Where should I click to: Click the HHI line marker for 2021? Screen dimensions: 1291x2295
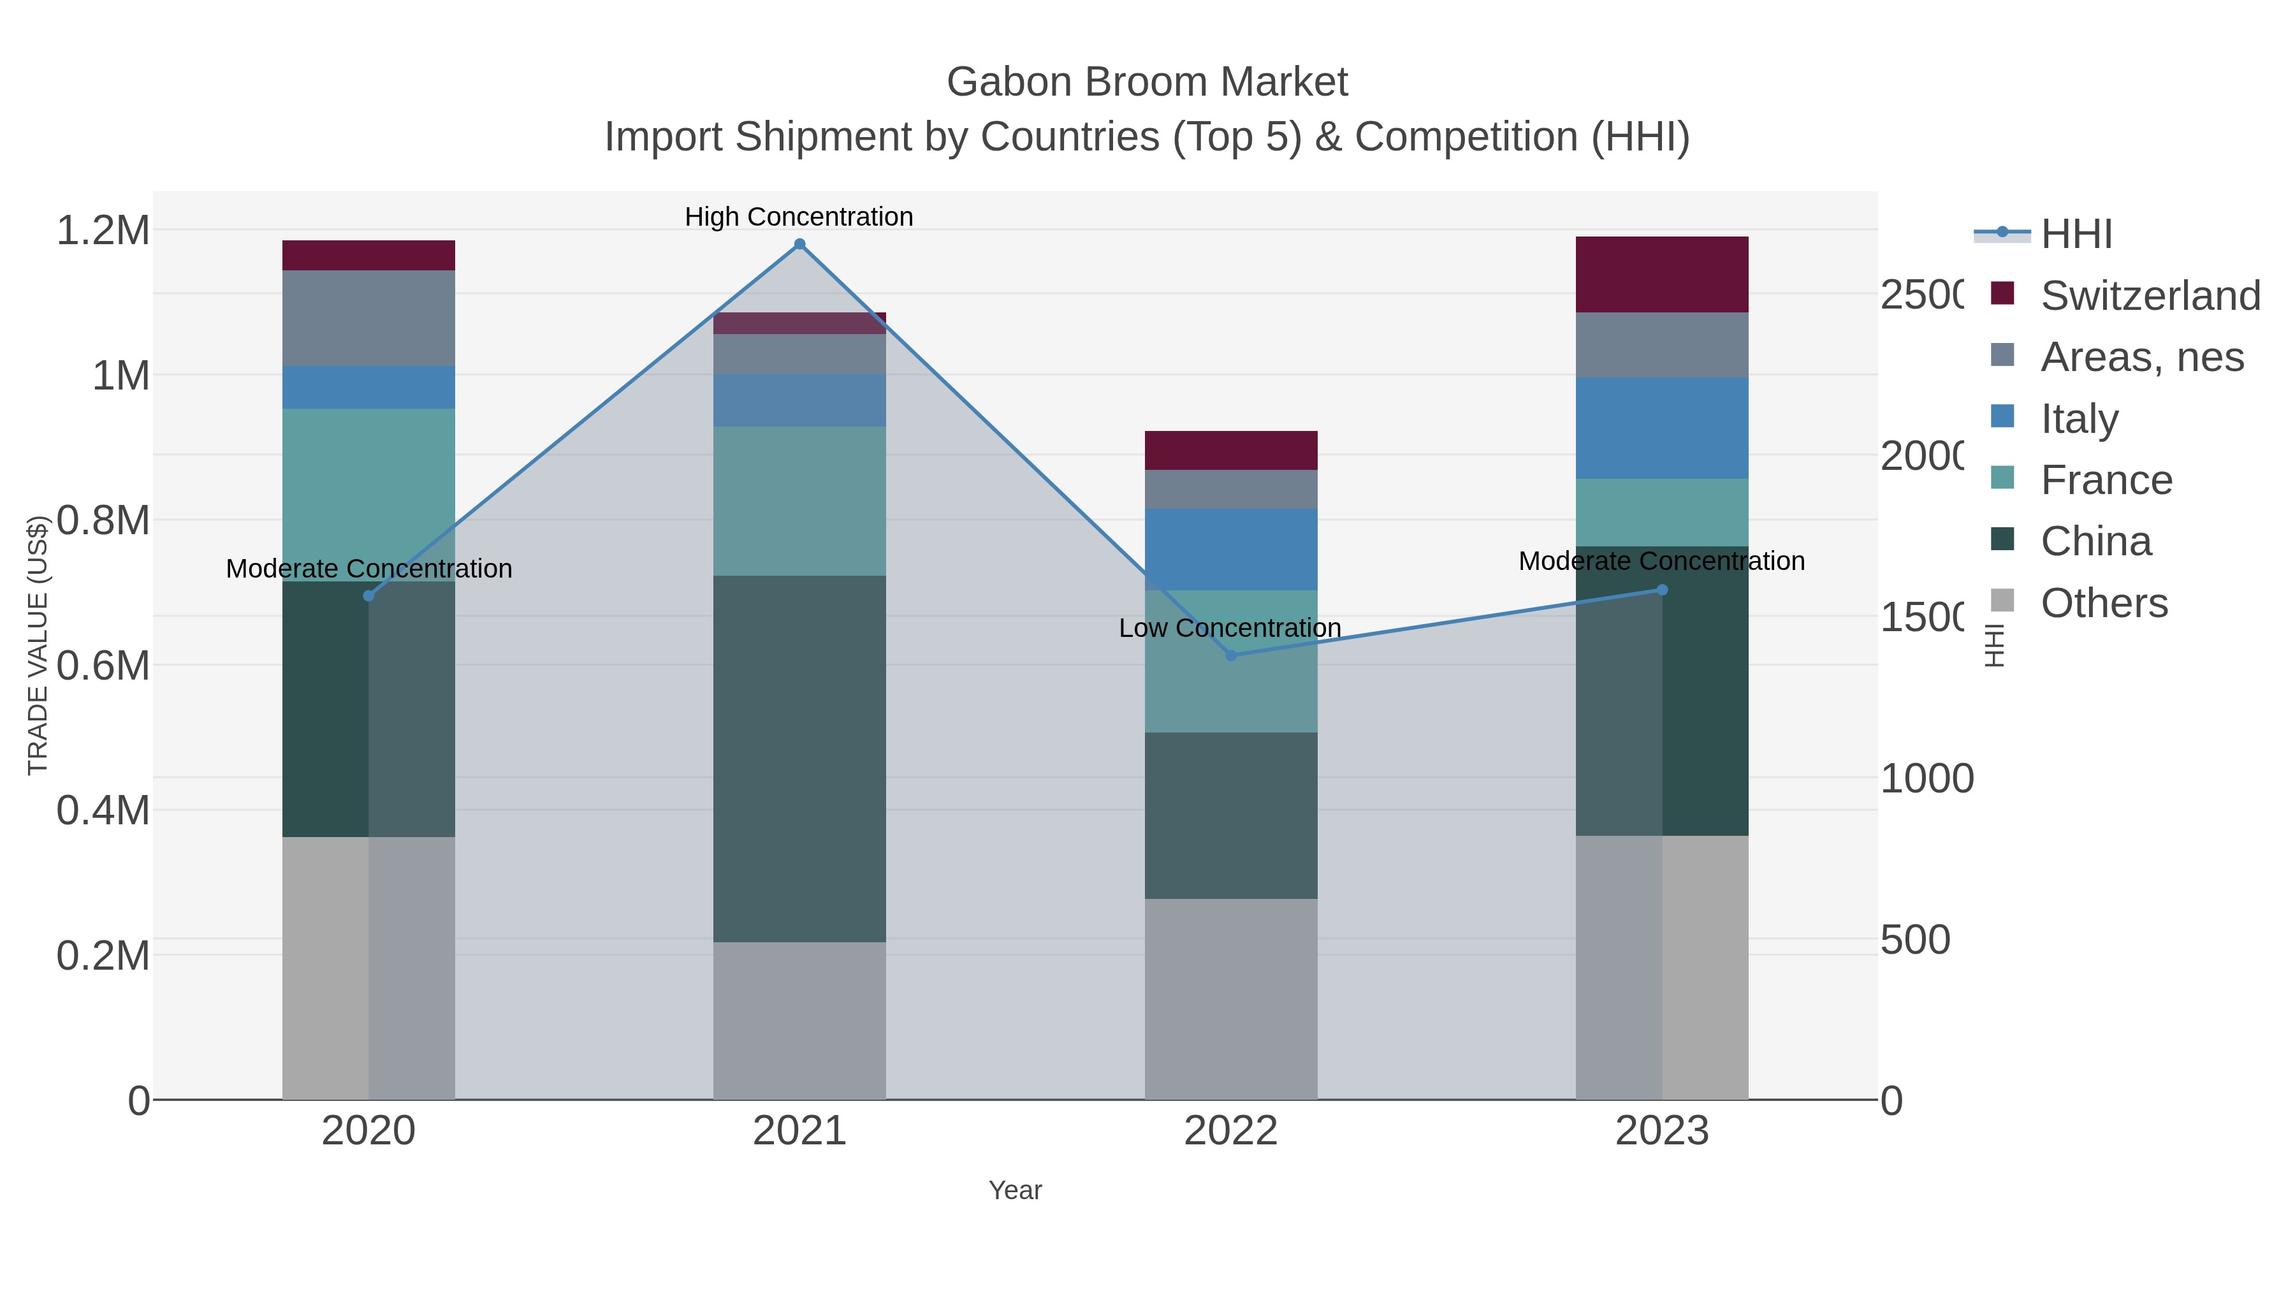(799, 244)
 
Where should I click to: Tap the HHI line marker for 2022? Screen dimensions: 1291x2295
(1231, 655)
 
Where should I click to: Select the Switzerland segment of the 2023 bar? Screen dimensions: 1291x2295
(1661, 274)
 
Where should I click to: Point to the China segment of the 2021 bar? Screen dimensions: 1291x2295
(799, 758)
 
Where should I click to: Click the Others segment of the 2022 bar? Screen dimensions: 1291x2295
(1230, 998)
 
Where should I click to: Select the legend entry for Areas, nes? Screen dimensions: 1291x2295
(2141, 357)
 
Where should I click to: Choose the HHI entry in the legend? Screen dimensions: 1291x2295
(2076, 235)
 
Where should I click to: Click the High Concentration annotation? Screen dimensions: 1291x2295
(799, 217)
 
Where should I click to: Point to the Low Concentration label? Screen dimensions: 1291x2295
(1230, 628)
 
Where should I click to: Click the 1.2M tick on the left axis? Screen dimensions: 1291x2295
(103, 231)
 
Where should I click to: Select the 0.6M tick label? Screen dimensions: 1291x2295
(103, 666)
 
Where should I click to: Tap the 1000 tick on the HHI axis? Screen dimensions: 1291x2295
(1926, 778)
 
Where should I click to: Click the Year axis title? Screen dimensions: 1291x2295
(1015, 1190)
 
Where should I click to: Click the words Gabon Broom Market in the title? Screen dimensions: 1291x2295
(1147, 82)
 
